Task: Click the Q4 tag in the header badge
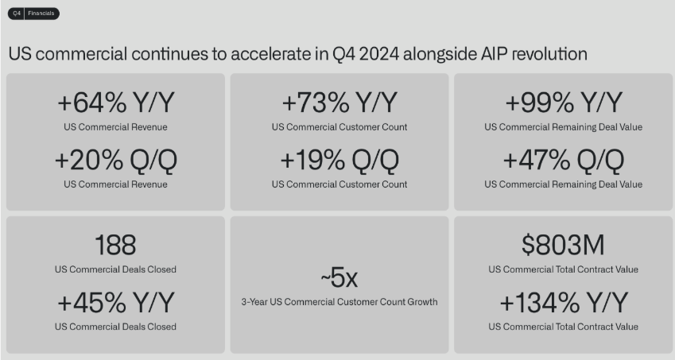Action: tap(17, 14)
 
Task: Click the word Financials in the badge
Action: tap(41, 14)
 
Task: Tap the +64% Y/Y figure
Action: tap(116, 103)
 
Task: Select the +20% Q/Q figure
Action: tap(116, 161)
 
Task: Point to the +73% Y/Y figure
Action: tap(339, 103)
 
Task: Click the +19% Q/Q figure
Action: tap(339, 161)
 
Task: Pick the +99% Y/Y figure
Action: tap(564, 103)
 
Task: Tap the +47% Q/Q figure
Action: tap(564, 161)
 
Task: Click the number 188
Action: tap(115, 245)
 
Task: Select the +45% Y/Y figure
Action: tap(116, 302)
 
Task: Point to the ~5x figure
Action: tap(339, 277)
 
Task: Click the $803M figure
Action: tap(563, 245)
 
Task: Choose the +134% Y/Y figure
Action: tap(564, 302)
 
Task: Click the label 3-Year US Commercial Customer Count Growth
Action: tap(339, 302)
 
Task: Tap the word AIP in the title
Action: tap(495, 54)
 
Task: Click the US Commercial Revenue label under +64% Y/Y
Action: tap(115, 127)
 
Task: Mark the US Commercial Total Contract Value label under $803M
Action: tap(563, 269)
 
